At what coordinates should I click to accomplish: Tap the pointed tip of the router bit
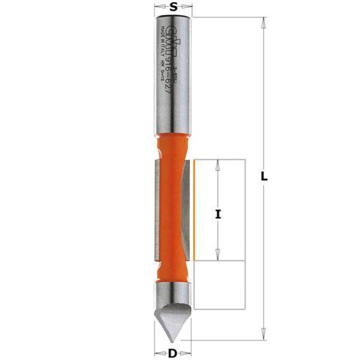173,340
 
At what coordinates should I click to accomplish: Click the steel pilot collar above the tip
173,293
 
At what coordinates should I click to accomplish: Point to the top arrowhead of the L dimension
263,22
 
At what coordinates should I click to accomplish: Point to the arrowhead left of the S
156,8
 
